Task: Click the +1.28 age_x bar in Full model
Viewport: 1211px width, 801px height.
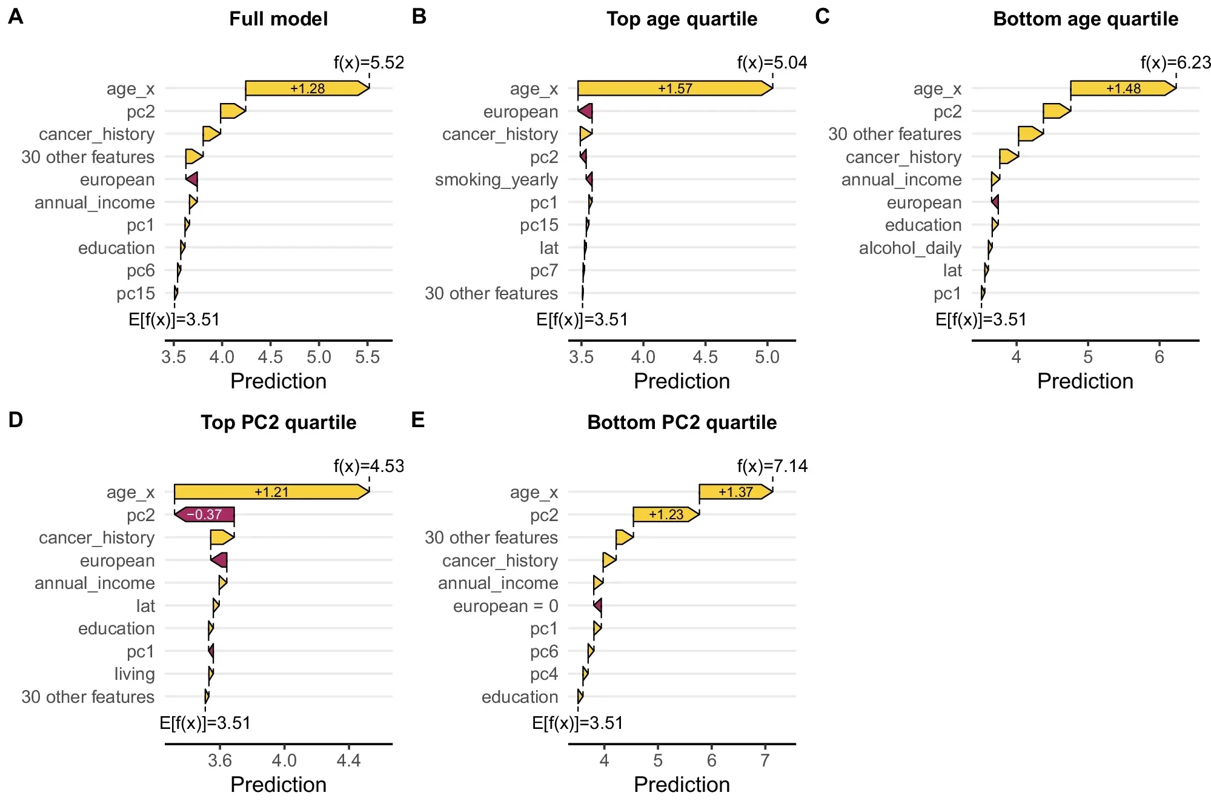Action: click(x=307, y=88)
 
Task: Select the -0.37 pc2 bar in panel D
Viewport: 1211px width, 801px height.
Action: click(x=204, y=514)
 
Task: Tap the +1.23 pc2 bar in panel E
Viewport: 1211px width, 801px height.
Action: click(x=666, y=514)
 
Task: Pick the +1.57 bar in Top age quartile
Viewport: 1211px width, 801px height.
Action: click(x=675, y=88)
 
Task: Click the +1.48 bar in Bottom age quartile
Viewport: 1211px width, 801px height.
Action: click(x=1123, y=88)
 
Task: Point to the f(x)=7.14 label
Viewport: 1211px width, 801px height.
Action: click(x=772, y=466)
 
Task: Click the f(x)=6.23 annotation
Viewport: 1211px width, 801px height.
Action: click(x=1175, y=62)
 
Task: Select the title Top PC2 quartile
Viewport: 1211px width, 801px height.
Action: click(x=279, y=422)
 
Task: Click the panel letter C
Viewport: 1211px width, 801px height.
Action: click(x=822, y=16)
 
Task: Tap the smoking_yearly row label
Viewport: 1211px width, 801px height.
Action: click(x=496, y=180)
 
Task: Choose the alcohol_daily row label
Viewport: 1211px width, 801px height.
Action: click(x=910, y=248)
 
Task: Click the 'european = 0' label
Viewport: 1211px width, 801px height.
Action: click(x=505, y=606)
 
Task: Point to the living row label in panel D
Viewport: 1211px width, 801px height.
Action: click(x=134, y=674)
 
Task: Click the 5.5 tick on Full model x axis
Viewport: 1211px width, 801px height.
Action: click(x=367, y=357)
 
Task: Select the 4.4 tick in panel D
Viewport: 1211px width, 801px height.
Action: click(x=348, y=760)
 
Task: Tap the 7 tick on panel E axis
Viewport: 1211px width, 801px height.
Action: click(x=765, y=760)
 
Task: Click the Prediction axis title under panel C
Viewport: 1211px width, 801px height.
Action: click(x=1085, y=381)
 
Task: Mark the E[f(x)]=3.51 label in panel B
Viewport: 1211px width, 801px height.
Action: click(x=582, y=319)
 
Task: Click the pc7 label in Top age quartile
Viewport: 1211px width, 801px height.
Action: click(x=543, y=271)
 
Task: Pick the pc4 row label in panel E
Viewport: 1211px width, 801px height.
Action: click(x=543, y=674)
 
